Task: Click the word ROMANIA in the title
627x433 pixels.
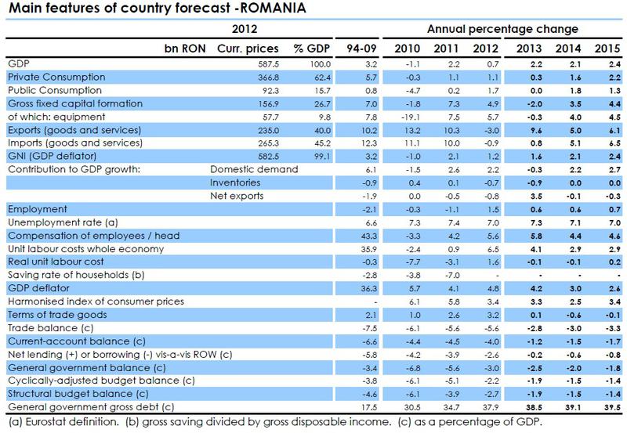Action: (x=274, y=9)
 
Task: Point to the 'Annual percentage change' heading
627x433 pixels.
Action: (x=502, y=29)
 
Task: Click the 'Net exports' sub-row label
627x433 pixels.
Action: (x=236, y=196)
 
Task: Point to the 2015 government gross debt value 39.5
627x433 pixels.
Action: (x=609, y=408)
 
